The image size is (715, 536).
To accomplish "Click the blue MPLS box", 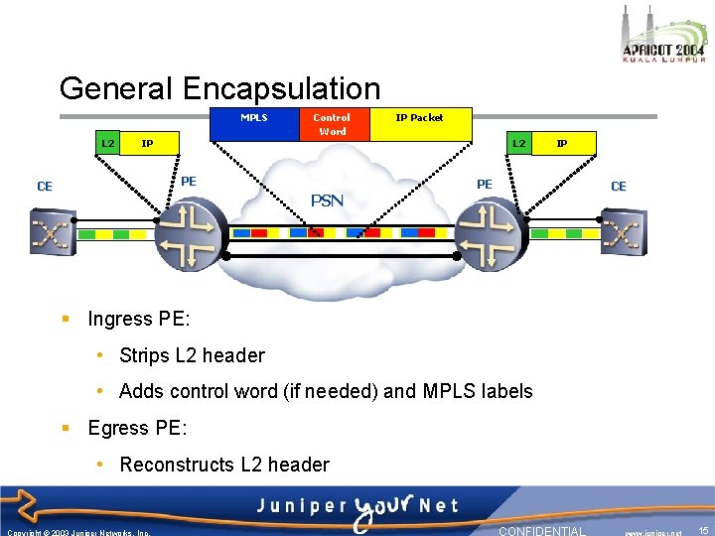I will pos(253,123).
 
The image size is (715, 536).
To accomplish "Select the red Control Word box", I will pos(332,123).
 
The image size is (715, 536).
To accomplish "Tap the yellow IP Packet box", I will pos(420,123).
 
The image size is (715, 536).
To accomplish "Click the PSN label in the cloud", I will pos(327,201).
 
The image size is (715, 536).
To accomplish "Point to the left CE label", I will pos(45,187).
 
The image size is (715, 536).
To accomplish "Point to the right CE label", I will pos(618,187).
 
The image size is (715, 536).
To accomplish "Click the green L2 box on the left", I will pos(108,144).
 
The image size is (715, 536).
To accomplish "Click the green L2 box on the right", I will pos(518,144).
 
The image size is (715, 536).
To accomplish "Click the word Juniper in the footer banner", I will pos(299,504).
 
